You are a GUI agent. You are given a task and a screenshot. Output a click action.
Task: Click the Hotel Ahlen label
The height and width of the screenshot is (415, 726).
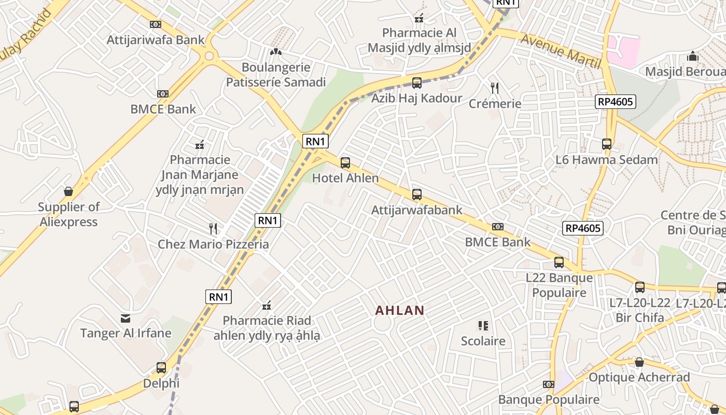pyautogui.click(x=345, y=178)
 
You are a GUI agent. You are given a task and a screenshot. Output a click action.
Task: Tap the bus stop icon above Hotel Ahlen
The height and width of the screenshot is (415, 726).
pyautogui.click(x=345, y=163)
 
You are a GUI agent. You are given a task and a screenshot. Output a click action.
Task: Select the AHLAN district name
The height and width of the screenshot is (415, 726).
pyautogui.click(x=399, y=311)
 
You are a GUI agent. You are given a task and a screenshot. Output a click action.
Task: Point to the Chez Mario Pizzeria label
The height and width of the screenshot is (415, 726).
pyautogui.click(x=213, y=244)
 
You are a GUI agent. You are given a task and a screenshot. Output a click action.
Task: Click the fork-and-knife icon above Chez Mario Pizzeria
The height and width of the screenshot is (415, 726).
pyautogui.click(x=213, y=228)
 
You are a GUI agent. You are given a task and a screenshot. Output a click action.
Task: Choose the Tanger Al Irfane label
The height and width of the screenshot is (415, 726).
pyautogui.click(x=125, y=333)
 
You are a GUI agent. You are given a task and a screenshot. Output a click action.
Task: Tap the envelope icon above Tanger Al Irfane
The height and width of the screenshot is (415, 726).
pyautogui.click(x=125, y=318)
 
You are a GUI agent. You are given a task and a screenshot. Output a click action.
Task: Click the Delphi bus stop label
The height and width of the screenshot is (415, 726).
pyautogui.click(x=161, y=384)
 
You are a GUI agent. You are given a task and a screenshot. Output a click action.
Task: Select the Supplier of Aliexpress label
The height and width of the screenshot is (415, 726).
pyautogui.click(x=68, y=214)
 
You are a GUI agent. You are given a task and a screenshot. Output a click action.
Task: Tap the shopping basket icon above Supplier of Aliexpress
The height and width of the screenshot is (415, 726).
pyautogui.click(x=68, y=191)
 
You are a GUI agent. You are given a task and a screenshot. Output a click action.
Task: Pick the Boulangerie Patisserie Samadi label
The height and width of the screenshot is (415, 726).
pyautogui.click(x=276, y=75)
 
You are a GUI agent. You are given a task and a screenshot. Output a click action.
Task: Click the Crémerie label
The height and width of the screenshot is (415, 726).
pyautogui.click(x=495, y=104)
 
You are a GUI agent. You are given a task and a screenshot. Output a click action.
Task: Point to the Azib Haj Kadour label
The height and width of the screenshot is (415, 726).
pyautogui.click(x=416, y=99)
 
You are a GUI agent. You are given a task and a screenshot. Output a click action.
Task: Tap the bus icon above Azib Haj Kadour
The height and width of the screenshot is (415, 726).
pyautogui.click(x=416, y=83)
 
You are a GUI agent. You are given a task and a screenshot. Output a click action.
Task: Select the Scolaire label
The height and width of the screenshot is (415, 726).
pyautogui.click(x=483, y=341)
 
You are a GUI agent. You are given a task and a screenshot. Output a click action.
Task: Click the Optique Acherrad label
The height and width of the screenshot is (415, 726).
pyautogui.click(x=639, y=378)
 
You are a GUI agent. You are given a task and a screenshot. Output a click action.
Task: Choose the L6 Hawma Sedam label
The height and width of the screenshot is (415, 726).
pyautogui.click(x=606, y=160)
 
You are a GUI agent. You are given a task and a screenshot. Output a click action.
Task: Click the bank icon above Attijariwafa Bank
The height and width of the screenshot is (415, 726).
pyautogui.click(x=156, y=24)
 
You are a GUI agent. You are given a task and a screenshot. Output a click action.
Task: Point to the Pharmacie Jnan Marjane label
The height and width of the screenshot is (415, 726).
pyautogui.click(x=200, y=175)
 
